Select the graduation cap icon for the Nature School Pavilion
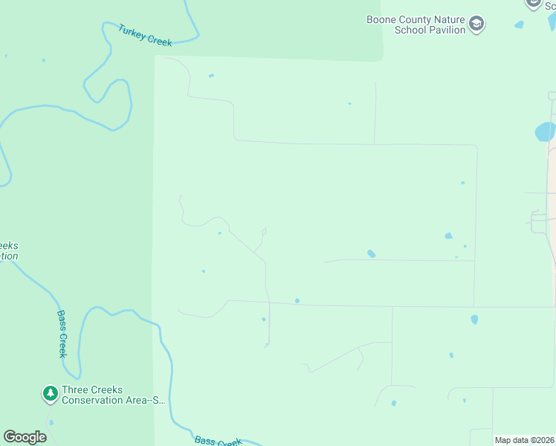coord(476,25)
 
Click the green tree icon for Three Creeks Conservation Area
coord(50,393)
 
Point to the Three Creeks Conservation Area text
coord(113,395)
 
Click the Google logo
coord(25,437)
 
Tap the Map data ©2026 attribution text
coord(524,440)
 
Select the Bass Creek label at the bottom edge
coord(218,441)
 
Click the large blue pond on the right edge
coord(545,132)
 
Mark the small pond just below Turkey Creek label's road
coord(212,75)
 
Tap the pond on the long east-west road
coord(297,301)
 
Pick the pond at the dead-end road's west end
coord(371,253)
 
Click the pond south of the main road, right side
coord(474,320)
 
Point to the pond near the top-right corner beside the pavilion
coord(519,25)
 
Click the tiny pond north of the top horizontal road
coord(349,103)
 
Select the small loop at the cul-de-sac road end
coord(264,231)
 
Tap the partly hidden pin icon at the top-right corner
coord(533,4)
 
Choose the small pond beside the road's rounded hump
coord(219,233)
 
